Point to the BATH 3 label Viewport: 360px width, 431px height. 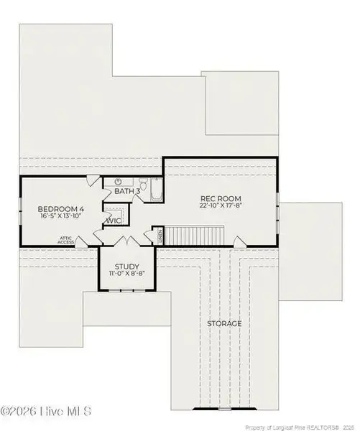click(126, 190)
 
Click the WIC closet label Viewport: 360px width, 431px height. click(114, 220)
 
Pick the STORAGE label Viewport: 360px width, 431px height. click(223, 323)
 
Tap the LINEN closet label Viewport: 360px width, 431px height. click(160, 234)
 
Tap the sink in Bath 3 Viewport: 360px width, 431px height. click(118, 181)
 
